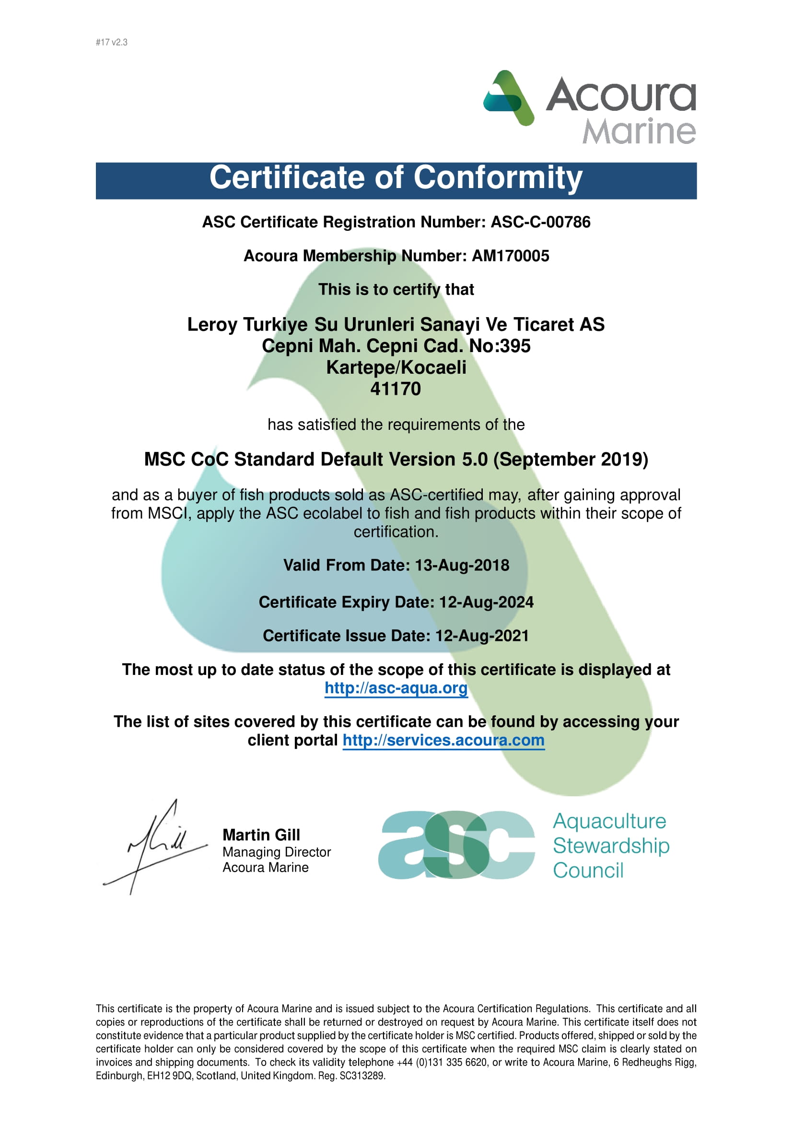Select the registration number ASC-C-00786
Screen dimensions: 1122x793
540,223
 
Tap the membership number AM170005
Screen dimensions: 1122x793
510,256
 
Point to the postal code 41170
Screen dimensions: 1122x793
396,389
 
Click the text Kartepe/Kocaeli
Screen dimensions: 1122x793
396,367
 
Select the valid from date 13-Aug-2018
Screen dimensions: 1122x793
462,566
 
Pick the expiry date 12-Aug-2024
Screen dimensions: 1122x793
486,602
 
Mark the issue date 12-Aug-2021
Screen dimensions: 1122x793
482,636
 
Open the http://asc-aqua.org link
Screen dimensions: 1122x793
396,688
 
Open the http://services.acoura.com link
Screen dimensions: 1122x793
443,740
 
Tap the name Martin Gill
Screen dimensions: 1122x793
261,835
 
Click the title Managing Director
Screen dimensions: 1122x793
276,852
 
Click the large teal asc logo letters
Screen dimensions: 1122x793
456,845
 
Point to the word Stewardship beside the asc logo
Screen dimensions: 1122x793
611,846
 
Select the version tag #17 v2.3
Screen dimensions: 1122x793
111,43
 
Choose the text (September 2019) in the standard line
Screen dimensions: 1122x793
571,460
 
